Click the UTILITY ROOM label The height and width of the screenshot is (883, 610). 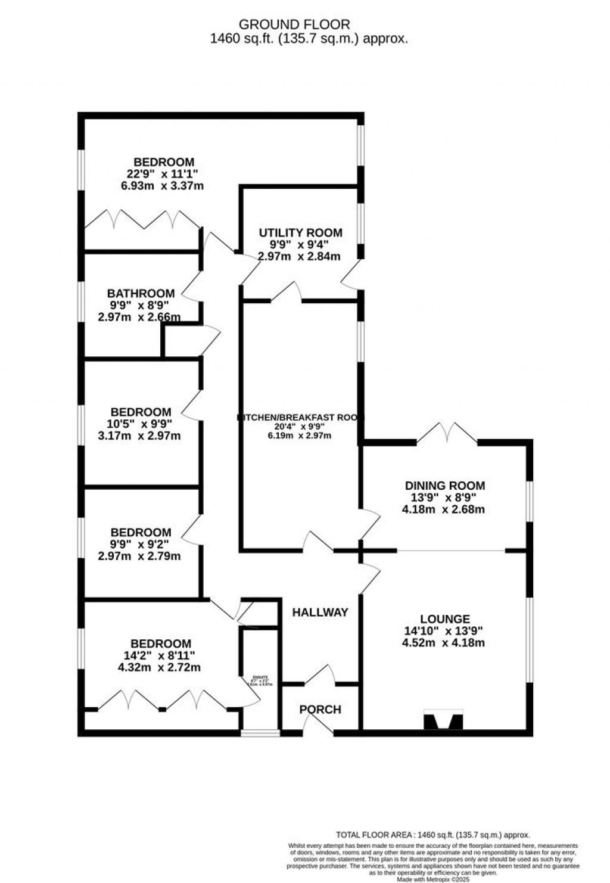pos(300,232)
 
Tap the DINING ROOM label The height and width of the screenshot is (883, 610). pos(444,486)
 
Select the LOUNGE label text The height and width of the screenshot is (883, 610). pos(444,619)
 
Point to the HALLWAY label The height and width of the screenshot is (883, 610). pos(320,612)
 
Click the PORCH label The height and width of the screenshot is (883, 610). pos(320,709)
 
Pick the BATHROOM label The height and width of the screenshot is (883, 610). pos(141,293)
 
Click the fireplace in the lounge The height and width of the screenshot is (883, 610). pos(443,720)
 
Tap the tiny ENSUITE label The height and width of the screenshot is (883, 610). pos(260,677)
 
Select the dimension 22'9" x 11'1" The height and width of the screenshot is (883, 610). pos(163,173)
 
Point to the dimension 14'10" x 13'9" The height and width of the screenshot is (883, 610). pos(444,631)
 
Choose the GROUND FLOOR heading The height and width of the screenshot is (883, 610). pos(294,24)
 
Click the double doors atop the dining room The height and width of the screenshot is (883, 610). pos(447,431)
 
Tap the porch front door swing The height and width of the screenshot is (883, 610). pos(319,723)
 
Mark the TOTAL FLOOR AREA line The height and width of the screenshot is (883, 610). pos(433,835)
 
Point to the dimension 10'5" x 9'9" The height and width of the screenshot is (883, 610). pos(141,424)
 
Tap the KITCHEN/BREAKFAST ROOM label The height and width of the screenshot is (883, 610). pos(300,418)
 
